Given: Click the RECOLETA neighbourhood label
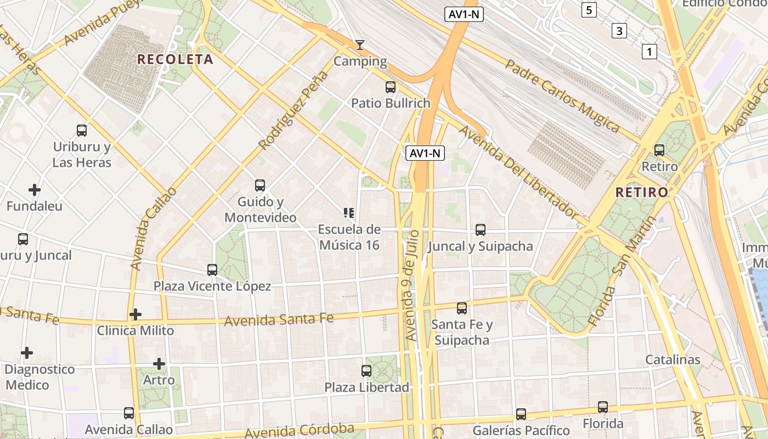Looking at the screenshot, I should (175, 59).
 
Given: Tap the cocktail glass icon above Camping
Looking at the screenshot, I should (360, 45).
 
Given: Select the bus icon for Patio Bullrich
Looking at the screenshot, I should (391, 87).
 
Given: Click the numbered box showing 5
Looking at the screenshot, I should (589, 10).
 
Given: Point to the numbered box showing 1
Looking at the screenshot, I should (649, 52).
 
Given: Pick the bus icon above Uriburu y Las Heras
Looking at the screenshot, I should (82, 131).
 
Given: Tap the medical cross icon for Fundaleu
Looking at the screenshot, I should (35, 190).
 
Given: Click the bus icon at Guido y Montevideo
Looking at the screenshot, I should (260, 185).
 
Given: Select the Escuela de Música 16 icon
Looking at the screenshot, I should (349, 213).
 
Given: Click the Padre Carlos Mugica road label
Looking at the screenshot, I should (562, 96).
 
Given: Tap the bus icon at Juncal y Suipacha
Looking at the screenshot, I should (481, 230).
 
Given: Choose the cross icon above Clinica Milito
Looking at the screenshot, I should (135, 314).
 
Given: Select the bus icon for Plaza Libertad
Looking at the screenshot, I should (366, 371).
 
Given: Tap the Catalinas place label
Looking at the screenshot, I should (673, 359).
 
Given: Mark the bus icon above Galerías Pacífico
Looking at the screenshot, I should (521, 414).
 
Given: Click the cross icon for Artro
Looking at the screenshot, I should (159, 364).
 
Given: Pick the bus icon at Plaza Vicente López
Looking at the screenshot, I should (212, 270).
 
